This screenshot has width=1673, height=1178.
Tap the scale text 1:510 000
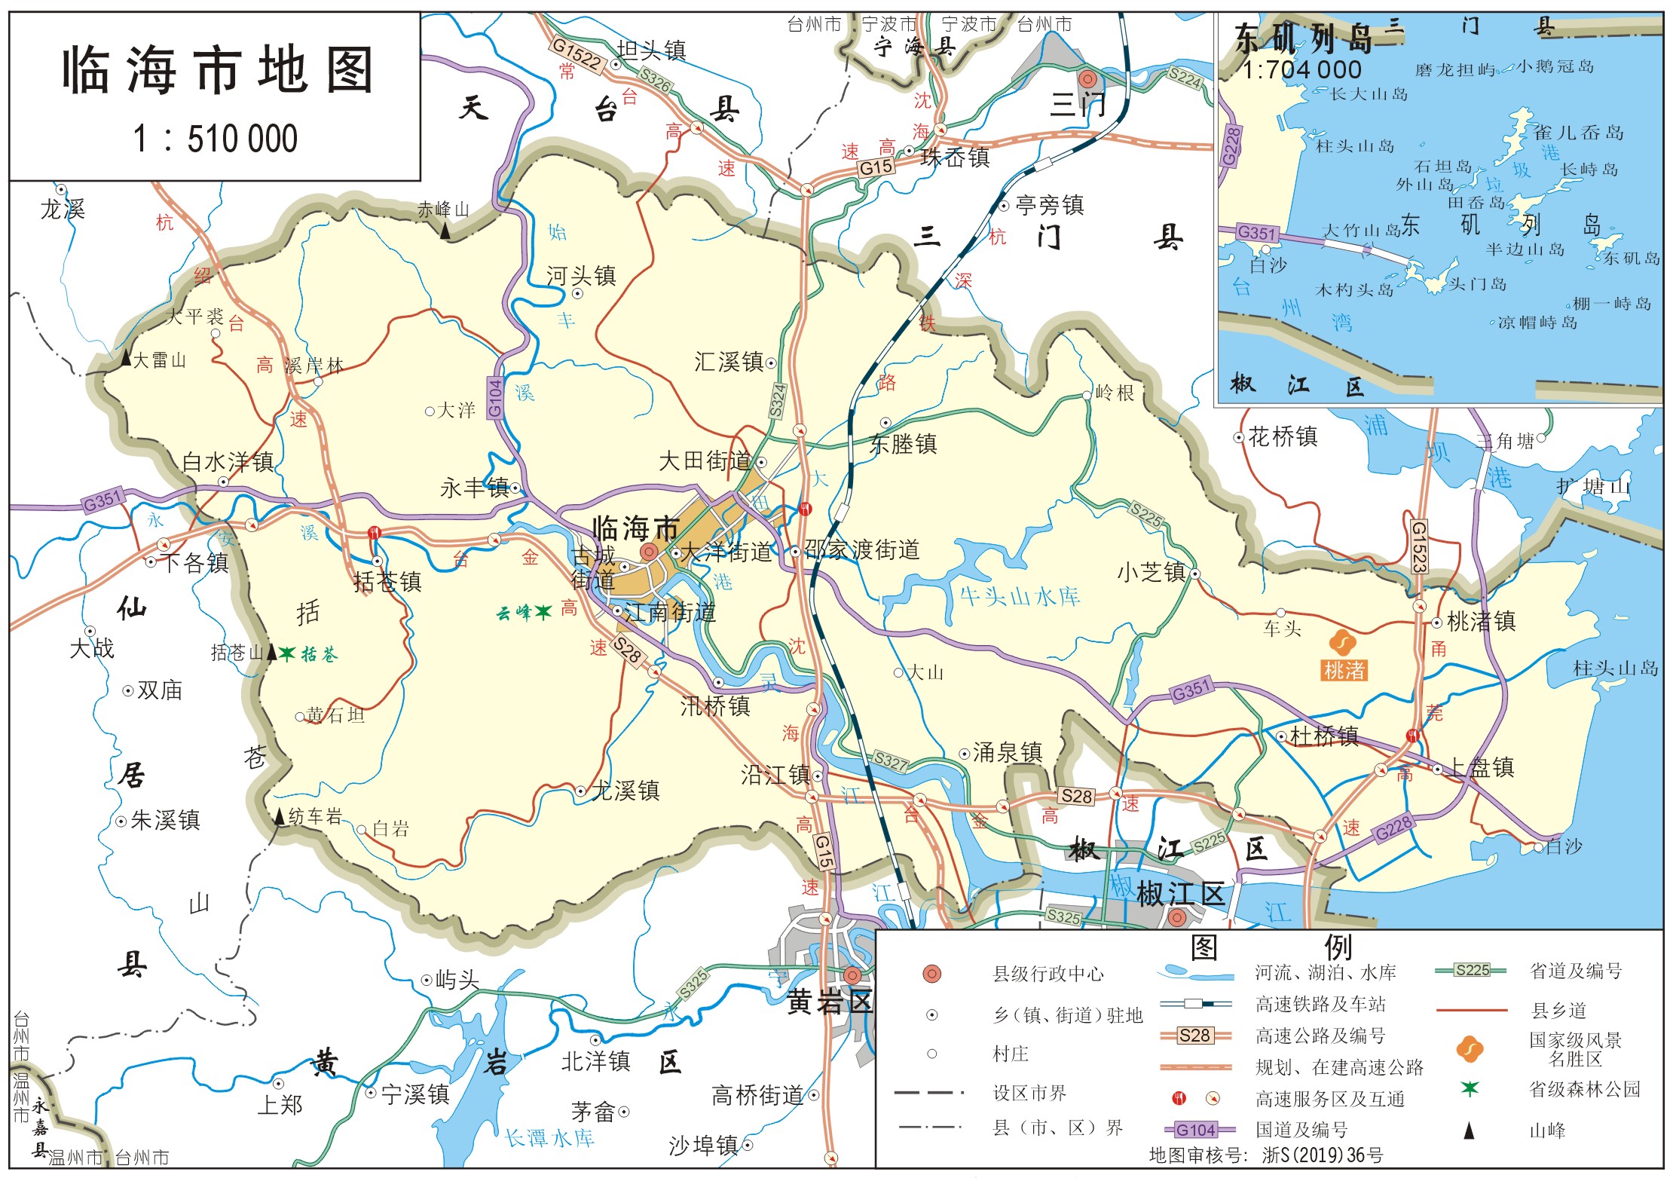tap(216, 139)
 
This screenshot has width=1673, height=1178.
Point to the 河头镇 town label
tap(581, 275)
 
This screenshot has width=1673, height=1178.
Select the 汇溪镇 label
tap(729, 362)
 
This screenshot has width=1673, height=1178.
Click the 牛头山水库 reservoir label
tap(1020, 596)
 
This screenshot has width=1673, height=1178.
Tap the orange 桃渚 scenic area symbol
tap(1342, 643)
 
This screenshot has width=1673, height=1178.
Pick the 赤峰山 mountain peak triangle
tap(446, 231)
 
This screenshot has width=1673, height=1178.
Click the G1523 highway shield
tap(1418, 547)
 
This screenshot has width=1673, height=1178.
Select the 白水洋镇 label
tap(228, 461)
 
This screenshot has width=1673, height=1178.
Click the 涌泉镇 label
tap(1008, 751)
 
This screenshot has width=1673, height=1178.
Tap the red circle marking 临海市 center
tap(648, 552)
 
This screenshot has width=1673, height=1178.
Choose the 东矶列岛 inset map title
tap(1304, 38)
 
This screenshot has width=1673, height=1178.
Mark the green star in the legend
tap(1470, 1088)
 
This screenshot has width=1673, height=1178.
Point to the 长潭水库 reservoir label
tap(549, 1137)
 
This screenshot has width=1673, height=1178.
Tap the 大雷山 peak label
tap(159, 360)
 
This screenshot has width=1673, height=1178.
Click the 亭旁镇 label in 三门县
tap(1050, 204)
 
